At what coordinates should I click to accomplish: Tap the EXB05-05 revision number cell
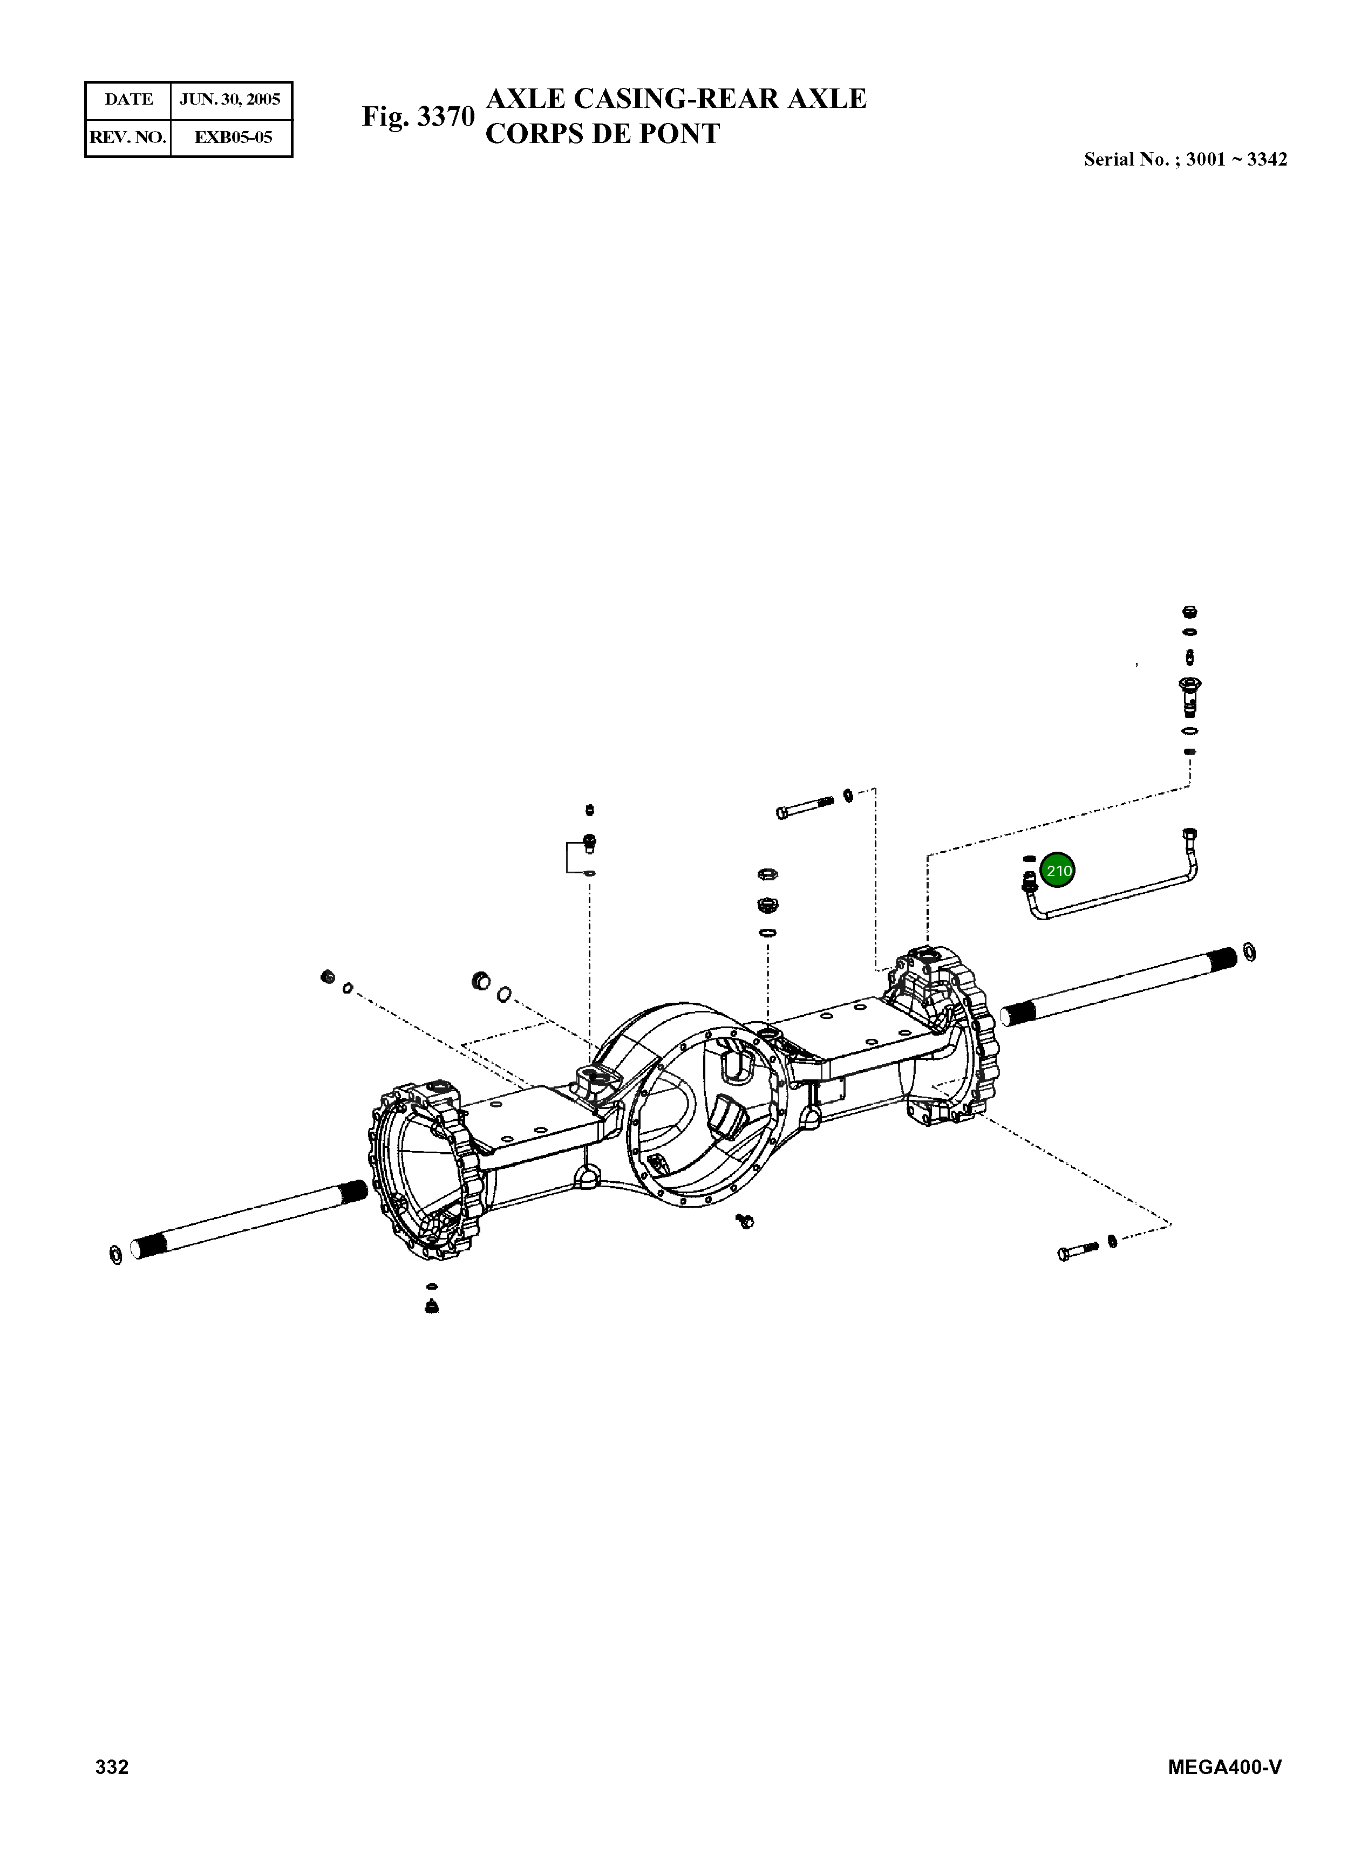pyautogui.click(x=233, y=138)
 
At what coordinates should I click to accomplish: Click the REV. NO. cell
pyautogui.click(x=128, y=138)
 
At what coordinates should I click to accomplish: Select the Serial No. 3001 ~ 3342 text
pyautogui.click(x=1185, y=160)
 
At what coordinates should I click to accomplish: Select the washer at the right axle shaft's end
pyautogui.click(x=1250, y=953)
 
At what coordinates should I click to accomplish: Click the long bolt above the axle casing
pyautogui.click(x=805, y=807)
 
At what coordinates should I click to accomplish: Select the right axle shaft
pyautogui.click(x=1118, y=985)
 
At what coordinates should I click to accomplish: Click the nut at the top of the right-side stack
pyautogui.click(x=1190, y=613)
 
